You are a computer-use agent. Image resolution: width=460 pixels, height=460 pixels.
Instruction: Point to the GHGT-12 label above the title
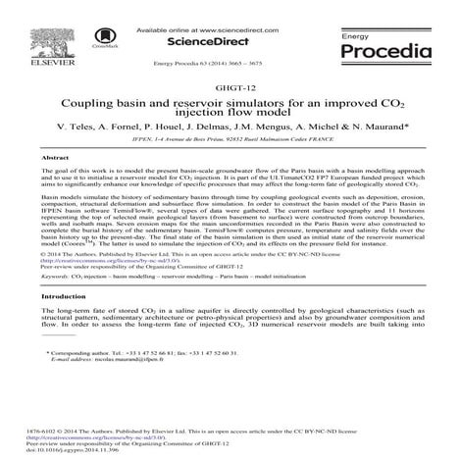tap(230, 87)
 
